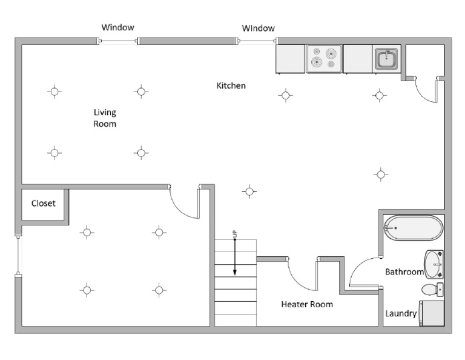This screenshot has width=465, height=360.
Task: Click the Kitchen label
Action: (x=231, y=85)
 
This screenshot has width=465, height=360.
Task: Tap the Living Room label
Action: (x=105, y=118)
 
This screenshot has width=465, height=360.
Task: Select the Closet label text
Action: (x=43, y=203)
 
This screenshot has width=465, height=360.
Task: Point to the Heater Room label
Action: (x=307, y=304)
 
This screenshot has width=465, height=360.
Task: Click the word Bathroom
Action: (x=404, y=272)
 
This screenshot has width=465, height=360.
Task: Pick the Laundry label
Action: (x=401, y=313)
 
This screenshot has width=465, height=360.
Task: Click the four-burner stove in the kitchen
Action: (x=324, y=59)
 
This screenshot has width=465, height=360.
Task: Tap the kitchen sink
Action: (x=386, y=59)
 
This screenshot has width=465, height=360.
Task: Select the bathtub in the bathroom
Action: (x=412, y=228)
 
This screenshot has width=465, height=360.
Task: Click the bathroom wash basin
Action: (x=434, y=264)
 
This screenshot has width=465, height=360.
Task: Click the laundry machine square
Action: (x=432, y=313)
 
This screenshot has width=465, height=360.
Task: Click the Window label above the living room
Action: (x=118, y=27)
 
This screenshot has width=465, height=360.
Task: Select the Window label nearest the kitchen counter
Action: (x=259, y=28)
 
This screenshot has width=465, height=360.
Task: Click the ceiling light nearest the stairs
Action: (x=249, y=192)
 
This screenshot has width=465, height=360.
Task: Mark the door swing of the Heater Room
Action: (x=299, y=275)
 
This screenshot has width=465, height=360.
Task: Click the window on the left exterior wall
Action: (x=18, y=255)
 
